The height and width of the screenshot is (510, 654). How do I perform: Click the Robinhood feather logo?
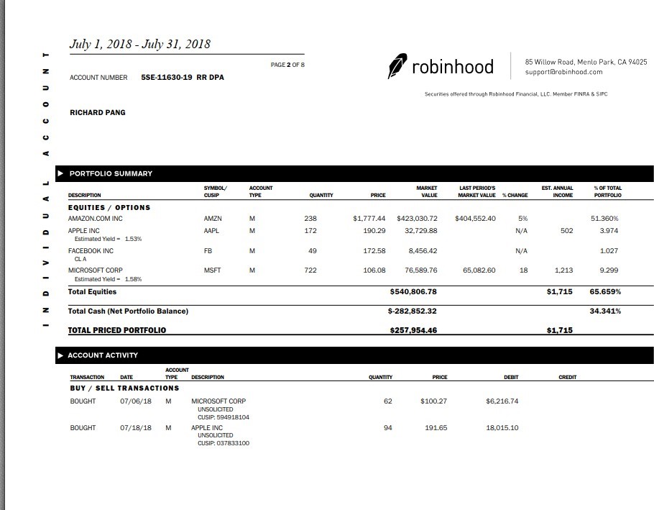pyautogui.click(x=397, y=65)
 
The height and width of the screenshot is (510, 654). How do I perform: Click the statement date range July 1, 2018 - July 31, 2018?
pyautogui.click(x=139, y=44)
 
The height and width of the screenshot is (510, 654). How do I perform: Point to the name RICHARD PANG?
pyautogui.click(x=97, y=112)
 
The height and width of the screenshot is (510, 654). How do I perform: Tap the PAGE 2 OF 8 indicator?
pyautogui.click(x=287, y=65)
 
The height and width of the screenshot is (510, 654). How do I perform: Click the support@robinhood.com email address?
pyautogui.click(x=563, y=72)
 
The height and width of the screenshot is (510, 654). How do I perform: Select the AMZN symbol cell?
pyautogui.click(x=213, y=218)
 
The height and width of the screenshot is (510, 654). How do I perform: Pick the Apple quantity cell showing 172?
pyautogui.click(x=310, y=231)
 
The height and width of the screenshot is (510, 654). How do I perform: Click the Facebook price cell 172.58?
pyautogui.click(x=374, y=251)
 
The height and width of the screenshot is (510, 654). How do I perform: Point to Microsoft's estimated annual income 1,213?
pyautogui.click(x=563, y=270)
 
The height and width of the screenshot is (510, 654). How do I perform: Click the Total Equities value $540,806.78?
pyautogui.click(x=413, y=292)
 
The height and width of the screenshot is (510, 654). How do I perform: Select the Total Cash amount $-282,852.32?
pyautogui.click(x=412, y=311)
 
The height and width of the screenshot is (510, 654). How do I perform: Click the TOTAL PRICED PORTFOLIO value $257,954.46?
pyautogui.click(x=413, y=330)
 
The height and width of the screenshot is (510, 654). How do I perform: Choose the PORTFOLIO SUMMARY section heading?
pyautogui.click(x=111, y=173)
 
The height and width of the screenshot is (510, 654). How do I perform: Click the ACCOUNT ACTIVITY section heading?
pyautogui.click(x=103, y=355)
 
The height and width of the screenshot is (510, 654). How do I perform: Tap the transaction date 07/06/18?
pyautogui.click(x=136, y=401)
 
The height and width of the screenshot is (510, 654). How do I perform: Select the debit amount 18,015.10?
pyautogui.click(x=502, y=428)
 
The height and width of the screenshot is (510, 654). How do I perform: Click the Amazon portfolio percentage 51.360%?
pyautogui.click(x=604, y=218)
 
